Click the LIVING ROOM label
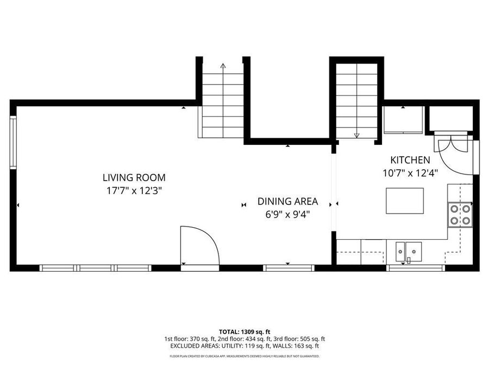[x=134, y=177]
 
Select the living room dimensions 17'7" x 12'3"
[x=134, y=190]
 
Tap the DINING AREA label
[x=287, y=202]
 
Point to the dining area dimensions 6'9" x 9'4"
[x=287, y=215]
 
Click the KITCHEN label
[x=410, y=160]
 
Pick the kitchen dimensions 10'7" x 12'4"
[x=410, y=173]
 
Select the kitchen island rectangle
[x=405, y=201]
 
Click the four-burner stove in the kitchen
[x=460, y=214]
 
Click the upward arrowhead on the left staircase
[x=223, y=66]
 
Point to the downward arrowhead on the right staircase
[x=356, y=136]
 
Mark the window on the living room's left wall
[x=14, y=141]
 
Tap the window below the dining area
[x=288, y=267]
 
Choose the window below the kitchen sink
[x=416, y=267]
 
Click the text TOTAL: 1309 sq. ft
[x=244, y=331]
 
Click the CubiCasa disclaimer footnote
[x=244, y=356]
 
